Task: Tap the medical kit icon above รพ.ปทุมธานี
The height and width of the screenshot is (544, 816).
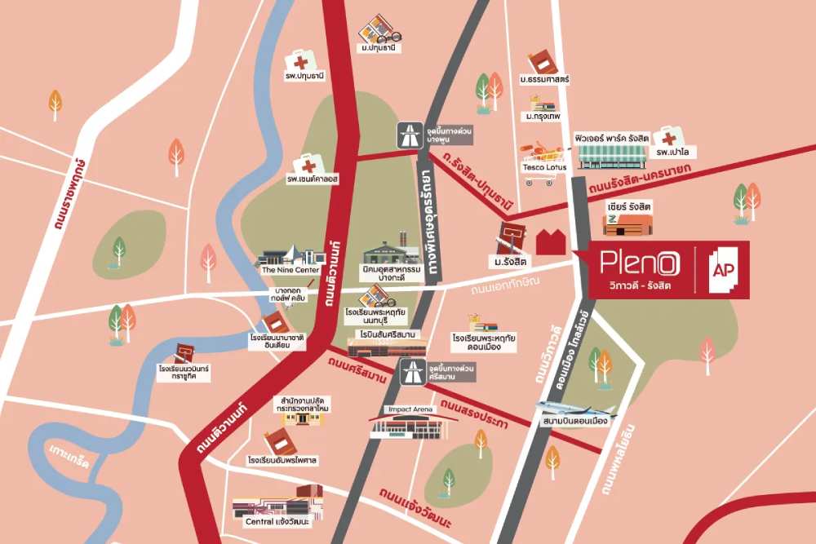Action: pos(301,61)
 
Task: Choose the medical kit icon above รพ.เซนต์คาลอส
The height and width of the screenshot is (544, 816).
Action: pos(308,164)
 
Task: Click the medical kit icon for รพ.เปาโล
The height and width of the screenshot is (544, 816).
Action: pos(667,136)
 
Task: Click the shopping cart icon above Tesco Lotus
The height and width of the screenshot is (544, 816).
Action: pos(542,153)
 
